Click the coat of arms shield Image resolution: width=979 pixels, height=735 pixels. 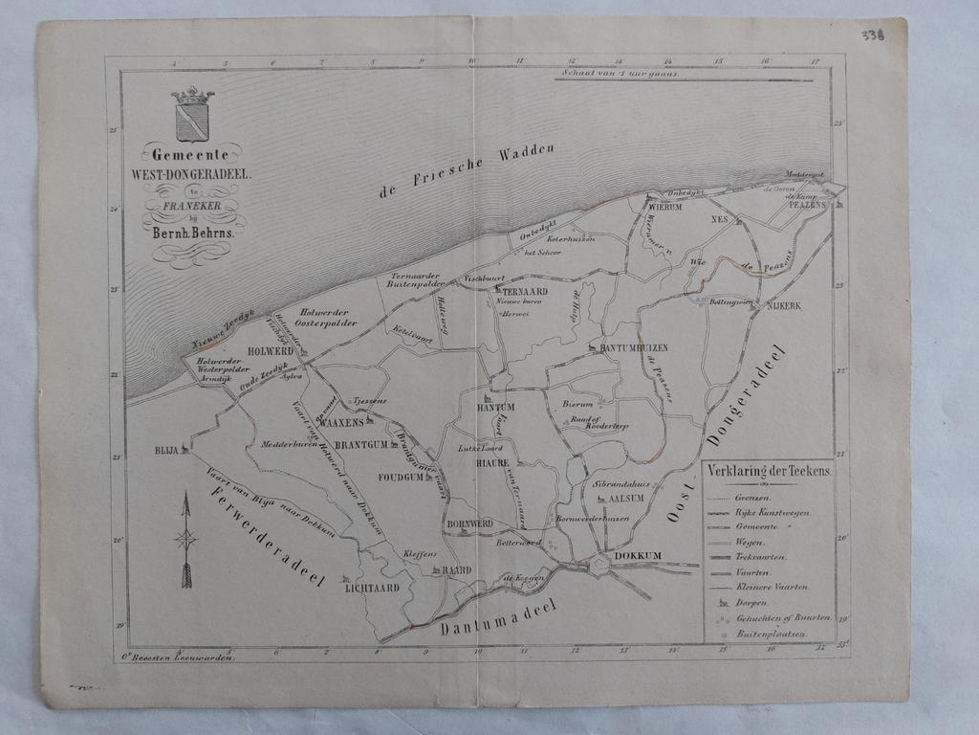pyautogui.click(x=192, y=120)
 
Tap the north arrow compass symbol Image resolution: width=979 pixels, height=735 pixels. pyautogui.click(x=185, y=539)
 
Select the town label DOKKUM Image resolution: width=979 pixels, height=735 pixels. pyautogui.click(x=638, y=555)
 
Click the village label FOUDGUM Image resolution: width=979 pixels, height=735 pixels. pyautogui.click(x=400, y=477)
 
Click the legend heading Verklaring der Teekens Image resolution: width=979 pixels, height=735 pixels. pyautogui.click(x=770, y=472)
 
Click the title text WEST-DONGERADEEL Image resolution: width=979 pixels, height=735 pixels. pyautogui.click(x=191, y=175)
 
